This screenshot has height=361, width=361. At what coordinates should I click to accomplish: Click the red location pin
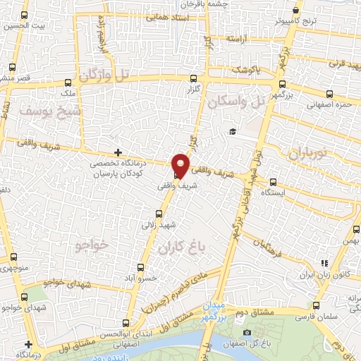(180, 165)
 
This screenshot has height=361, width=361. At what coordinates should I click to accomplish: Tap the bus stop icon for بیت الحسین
(25, 15)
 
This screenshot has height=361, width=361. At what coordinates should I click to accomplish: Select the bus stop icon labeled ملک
(67, 82)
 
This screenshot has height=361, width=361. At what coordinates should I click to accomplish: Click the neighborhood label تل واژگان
(106, 75)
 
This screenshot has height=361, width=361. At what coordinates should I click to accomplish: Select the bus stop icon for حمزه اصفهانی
(329, 94)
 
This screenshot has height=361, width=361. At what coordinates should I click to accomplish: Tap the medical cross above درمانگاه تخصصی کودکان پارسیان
(118, 152)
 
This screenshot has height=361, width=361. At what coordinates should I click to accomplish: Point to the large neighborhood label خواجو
(92, 245)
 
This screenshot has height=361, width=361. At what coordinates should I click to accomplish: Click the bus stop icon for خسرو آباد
(140, 267)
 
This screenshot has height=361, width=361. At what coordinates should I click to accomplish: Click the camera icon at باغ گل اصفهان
(247, 332)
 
